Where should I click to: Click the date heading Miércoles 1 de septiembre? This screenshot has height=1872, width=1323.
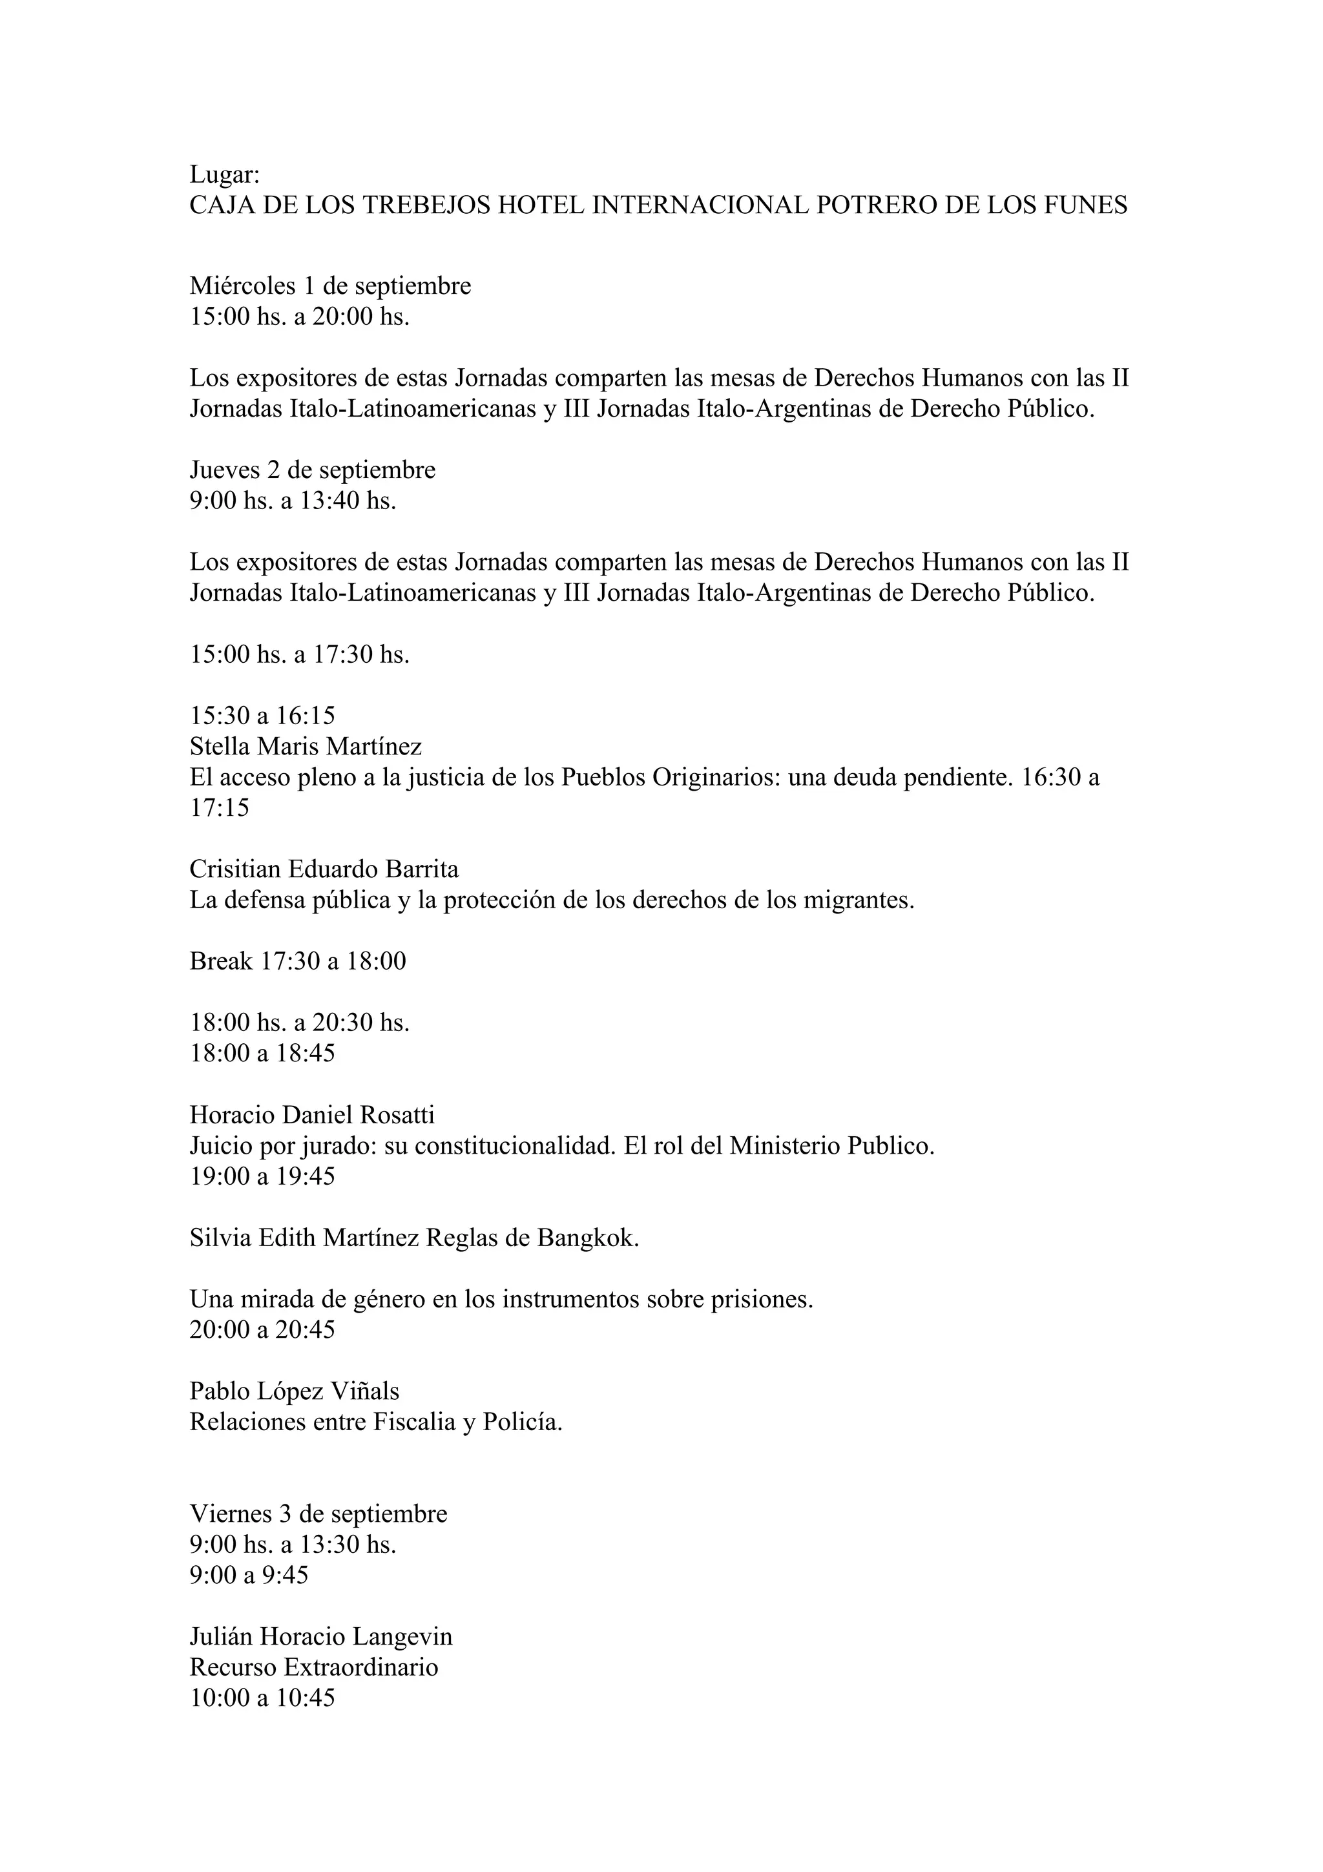click(330, 286)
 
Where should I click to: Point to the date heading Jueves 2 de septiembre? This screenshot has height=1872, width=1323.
click(312, 470)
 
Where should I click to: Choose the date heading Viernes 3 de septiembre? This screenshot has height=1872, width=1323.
click(318, 1514)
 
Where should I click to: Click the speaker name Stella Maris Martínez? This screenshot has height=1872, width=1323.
click(306, 746)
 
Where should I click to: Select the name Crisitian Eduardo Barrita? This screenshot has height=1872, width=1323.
click(324, 869)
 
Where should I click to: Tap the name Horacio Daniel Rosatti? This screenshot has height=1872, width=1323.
click(312, 1114)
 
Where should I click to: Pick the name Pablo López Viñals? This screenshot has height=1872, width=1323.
click(295, 1391)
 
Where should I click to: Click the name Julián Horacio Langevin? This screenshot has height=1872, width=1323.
click(320, 1637)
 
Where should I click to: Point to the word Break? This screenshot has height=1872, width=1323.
click(221, 961)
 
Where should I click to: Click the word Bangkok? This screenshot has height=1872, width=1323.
click(587, 1238)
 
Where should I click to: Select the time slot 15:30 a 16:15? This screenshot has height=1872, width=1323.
click(262, 716)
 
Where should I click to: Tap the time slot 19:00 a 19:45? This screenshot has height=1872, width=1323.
click(262, 1176)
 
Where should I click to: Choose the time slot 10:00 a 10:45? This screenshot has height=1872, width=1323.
click(262, 1698)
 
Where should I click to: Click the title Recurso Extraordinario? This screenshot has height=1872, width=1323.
click(314, 1667)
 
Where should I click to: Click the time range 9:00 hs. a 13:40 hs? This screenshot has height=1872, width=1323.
click(293, 501)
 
